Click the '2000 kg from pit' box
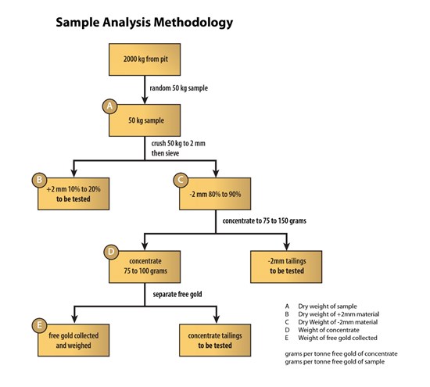[145, 59]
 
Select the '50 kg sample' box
[145, 120]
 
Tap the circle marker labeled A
[110, 106]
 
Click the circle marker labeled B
[40, 180]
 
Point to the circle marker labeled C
[181, 180]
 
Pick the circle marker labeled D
[111, 252]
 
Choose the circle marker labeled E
[40, 325]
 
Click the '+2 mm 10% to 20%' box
[73, 194]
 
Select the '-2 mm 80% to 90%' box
[215, 194]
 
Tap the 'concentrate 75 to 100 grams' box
[145, 267]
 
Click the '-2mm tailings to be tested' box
[286, 267]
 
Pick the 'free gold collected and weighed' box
[73, 340]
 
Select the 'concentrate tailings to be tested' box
[215, 340]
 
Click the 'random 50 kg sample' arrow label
[179, 88]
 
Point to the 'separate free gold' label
[177, 294]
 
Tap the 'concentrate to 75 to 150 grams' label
[264, 220]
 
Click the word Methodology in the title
[193, 23]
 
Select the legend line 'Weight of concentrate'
[328, 330]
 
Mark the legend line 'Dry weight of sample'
[328, 306]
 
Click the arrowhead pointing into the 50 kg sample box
[145, 100]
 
